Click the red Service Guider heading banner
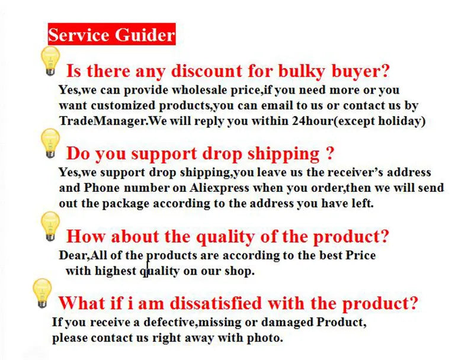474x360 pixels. click(111, 34)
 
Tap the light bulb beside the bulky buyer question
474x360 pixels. click(50, 60)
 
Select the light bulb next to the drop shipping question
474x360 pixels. click(50, 142)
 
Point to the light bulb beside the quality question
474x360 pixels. click(50, 226)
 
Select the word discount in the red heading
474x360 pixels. click(205, 72)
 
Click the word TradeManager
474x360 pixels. click(102, 121)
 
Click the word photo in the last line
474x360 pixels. click(267, 338)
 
